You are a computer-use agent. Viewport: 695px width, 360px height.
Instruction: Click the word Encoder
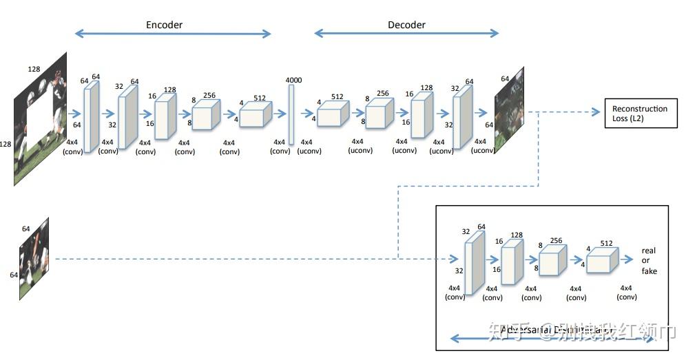pos(164,25)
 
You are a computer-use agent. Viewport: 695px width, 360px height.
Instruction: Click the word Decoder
pos(406,25)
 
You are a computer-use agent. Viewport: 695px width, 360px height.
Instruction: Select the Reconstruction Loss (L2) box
pos(640,113)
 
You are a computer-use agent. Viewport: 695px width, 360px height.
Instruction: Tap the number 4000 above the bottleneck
pos(293,81)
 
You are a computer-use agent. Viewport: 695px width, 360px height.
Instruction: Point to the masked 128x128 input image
pos(41,118)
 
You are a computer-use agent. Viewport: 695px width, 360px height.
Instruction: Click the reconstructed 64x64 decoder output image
pos(509,110)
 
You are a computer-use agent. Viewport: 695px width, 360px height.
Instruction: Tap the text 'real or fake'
pos(649,260)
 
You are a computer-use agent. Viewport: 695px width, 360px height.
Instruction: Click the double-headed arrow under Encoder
pos(173,33)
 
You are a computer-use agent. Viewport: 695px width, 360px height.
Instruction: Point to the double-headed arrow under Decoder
pos(406,33)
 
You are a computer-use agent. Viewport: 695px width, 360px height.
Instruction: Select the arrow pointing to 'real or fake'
pos(627,260)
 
